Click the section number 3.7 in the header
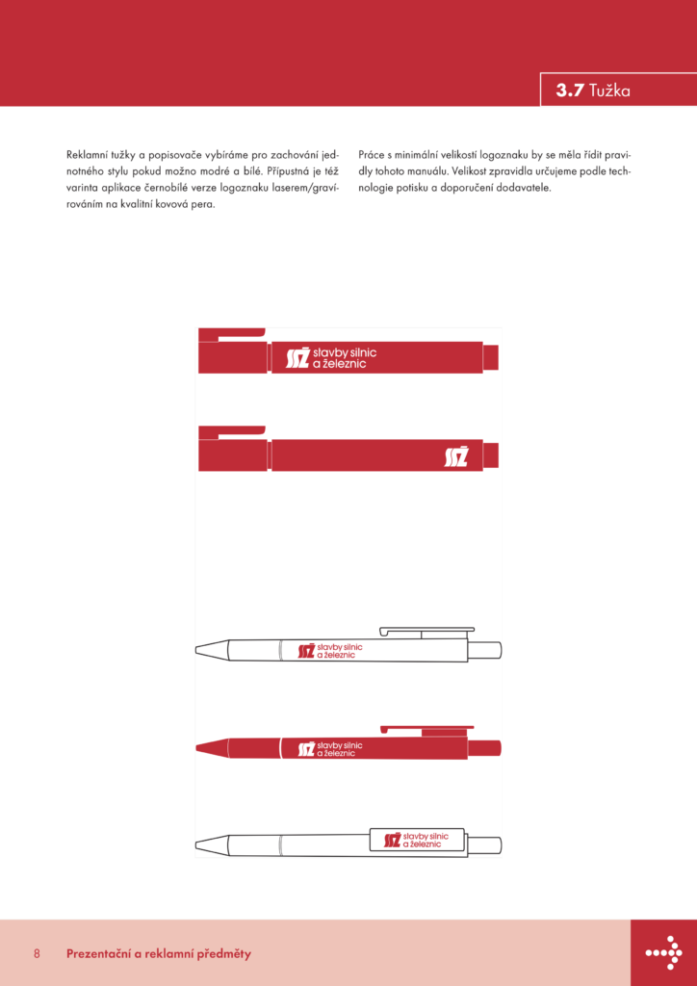(569, 91)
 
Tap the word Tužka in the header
(610, 91)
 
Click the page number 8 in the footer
(37, 953)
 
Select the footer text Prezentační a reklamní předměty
(159, 953)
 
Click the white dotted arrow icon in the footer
(663, 952)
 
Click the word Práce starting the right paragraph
(374, 154)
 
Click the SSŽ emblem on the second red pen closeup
(456, 456)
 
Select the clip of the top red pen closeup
(232, 333)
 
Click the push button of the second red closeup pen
(491, 455)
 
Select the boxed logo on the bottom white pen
(417, 840)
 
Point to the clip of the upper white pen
(426, 631)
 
